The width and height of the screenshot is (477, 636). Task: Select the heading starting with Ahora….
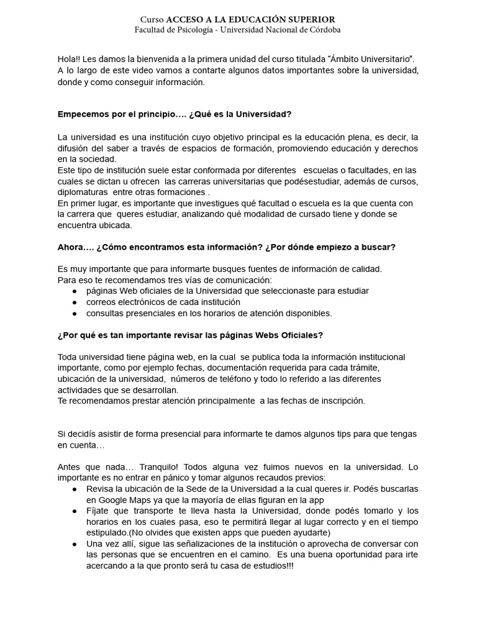[226, 247]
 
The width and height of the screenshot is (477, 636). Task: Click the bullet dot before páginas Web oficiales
[75, 291]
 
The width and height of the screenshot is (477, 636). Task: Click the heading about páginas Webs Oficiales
[190, 335]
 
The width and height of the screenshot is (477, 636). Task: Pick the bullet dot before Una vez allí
[75, 543]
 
